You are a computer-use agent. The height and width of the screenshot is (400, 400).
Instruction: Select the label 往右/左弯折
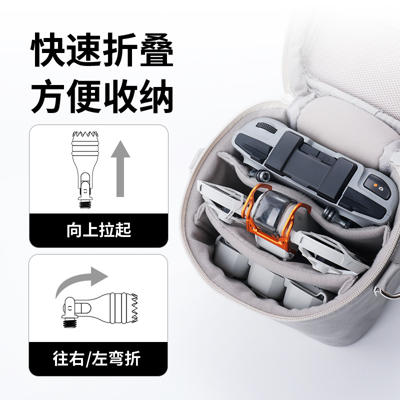[x=98, y=358]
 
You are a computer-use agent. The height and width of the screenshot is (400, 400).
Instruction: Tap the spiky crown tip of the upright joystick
[x=85, y=135]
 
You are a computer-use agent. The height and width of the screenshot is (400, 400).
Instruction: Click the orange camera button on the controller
[x=375, y=187]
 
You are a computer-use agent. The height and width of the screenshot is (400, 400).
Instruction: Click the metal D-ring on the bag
[x=386, y=290]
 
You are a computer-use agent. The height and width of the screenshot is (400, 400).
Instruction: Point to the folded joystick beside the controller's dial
[x=260, y=175]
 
